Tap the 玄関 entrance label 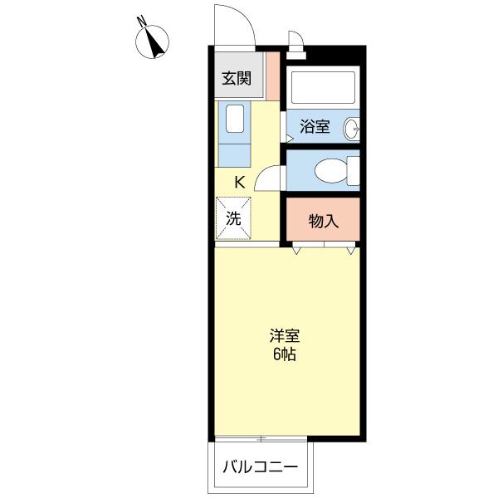237,79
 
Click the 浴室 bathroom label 315,127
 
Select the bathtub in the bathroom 323,89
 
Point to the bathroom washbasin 352,128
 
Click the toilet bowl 331,170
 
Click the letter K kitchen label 238,183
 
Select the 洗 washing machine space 234,219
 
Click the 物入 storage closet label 324,221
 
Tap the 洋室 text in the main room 284,336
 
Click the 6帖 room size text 285,354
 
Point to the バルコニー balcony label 260,467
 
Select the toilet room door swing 268,178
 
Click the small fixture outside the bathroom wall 295,41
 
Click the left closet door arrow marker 296,248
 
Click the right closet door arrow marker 352,248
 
